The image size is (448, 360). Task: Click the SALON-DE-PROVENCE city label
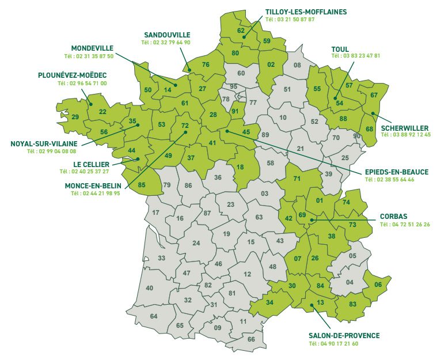click(x=344, y=335)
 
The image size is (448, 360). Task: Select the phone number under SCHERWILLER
click(x=405, y=134)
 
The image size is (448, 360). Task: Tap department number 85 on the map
click(x=142, y=185)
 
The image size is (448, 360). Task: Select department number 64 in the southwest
click(x=153, y=316)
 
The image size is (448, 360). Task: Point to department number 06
click(x=378, y=285)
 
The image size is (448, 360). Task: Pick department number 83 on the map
click(x=353, y=304)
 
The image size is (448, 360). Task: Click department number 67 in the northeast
click(x=374, y=95)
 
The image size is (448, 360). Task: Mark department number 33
click(x=162, y=258)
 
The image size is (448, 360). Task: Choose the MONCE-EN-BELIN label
click(x=92, y=185)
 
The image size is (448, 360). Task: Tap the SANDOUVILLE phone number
click(x=166, y=42)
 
